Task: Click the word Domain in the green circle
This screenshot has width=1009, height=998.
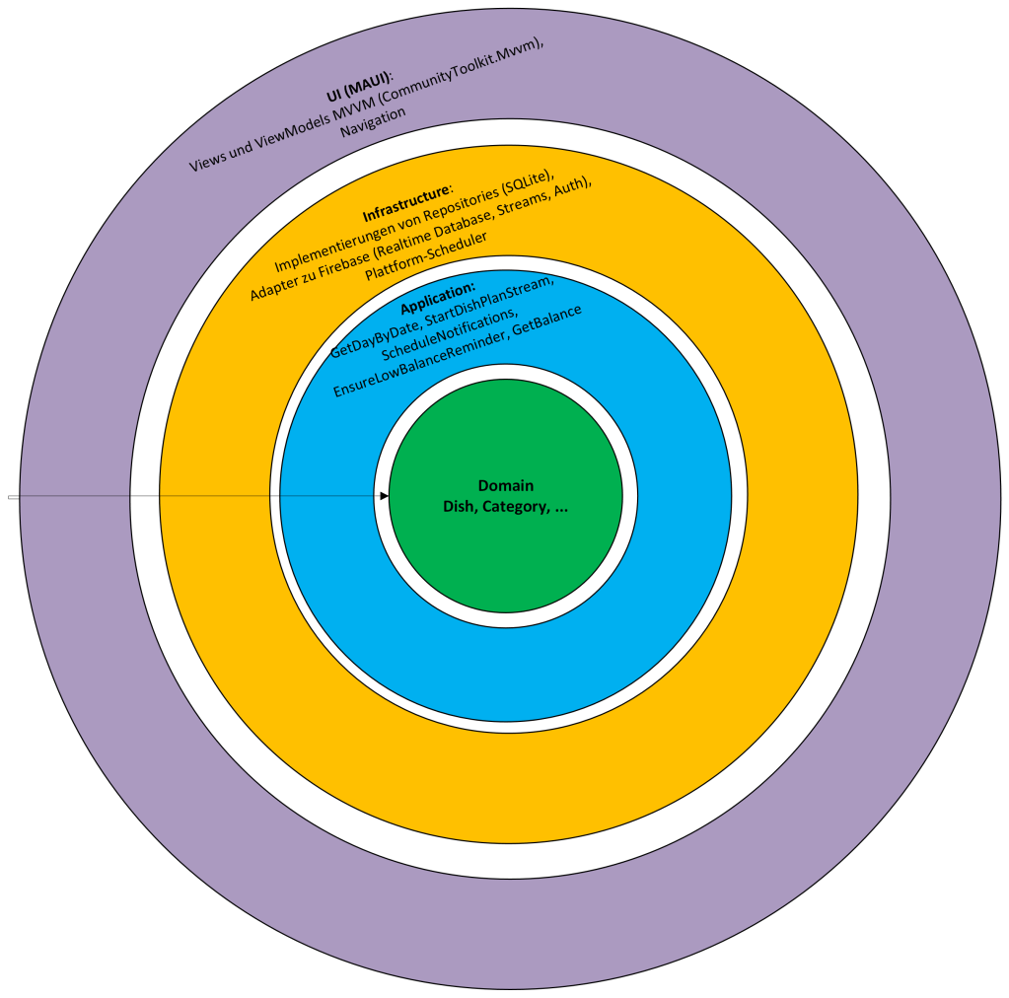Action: pyautogui.click(x=505, y=485)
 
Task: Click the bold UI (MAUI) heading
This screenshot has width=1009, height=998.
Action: pyautogui.click(x=357, y=87)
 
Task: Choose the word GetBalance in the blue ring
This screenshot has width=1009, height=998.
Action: pyautogui.click(x=547, y=321)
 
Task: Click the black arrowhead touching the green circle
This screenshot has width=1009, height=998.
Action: pyautogui.click(x=384, y=496)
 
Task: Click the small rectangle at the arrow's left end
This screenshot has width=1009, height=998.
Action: pyautogui.click(x=13, y=497)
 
